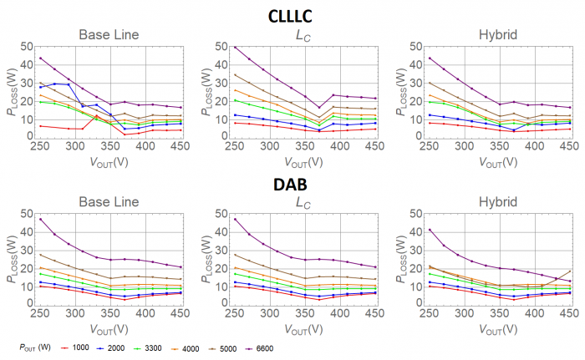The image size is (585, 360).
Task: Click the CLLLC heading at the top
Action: click(292, 14)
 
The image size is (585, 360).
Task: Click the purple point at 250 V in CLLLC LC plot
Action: click(212, 48)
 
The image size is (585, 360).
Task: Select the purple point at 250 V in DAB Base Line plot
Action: click(41, 219)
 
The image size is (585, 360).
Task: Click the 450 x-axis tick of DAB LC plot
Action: click(375, 313)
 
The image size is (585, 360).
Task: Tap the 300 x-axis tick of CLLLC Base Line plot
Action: click(75, 146)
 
